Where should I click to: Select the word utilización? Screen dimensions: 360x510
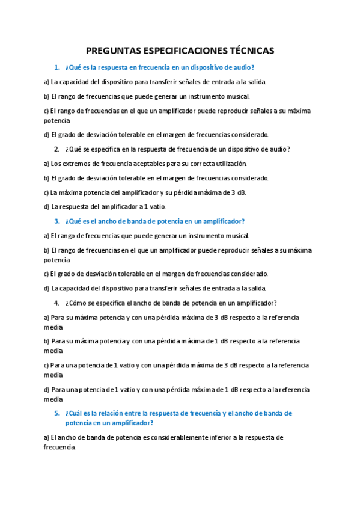point(228,164)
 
